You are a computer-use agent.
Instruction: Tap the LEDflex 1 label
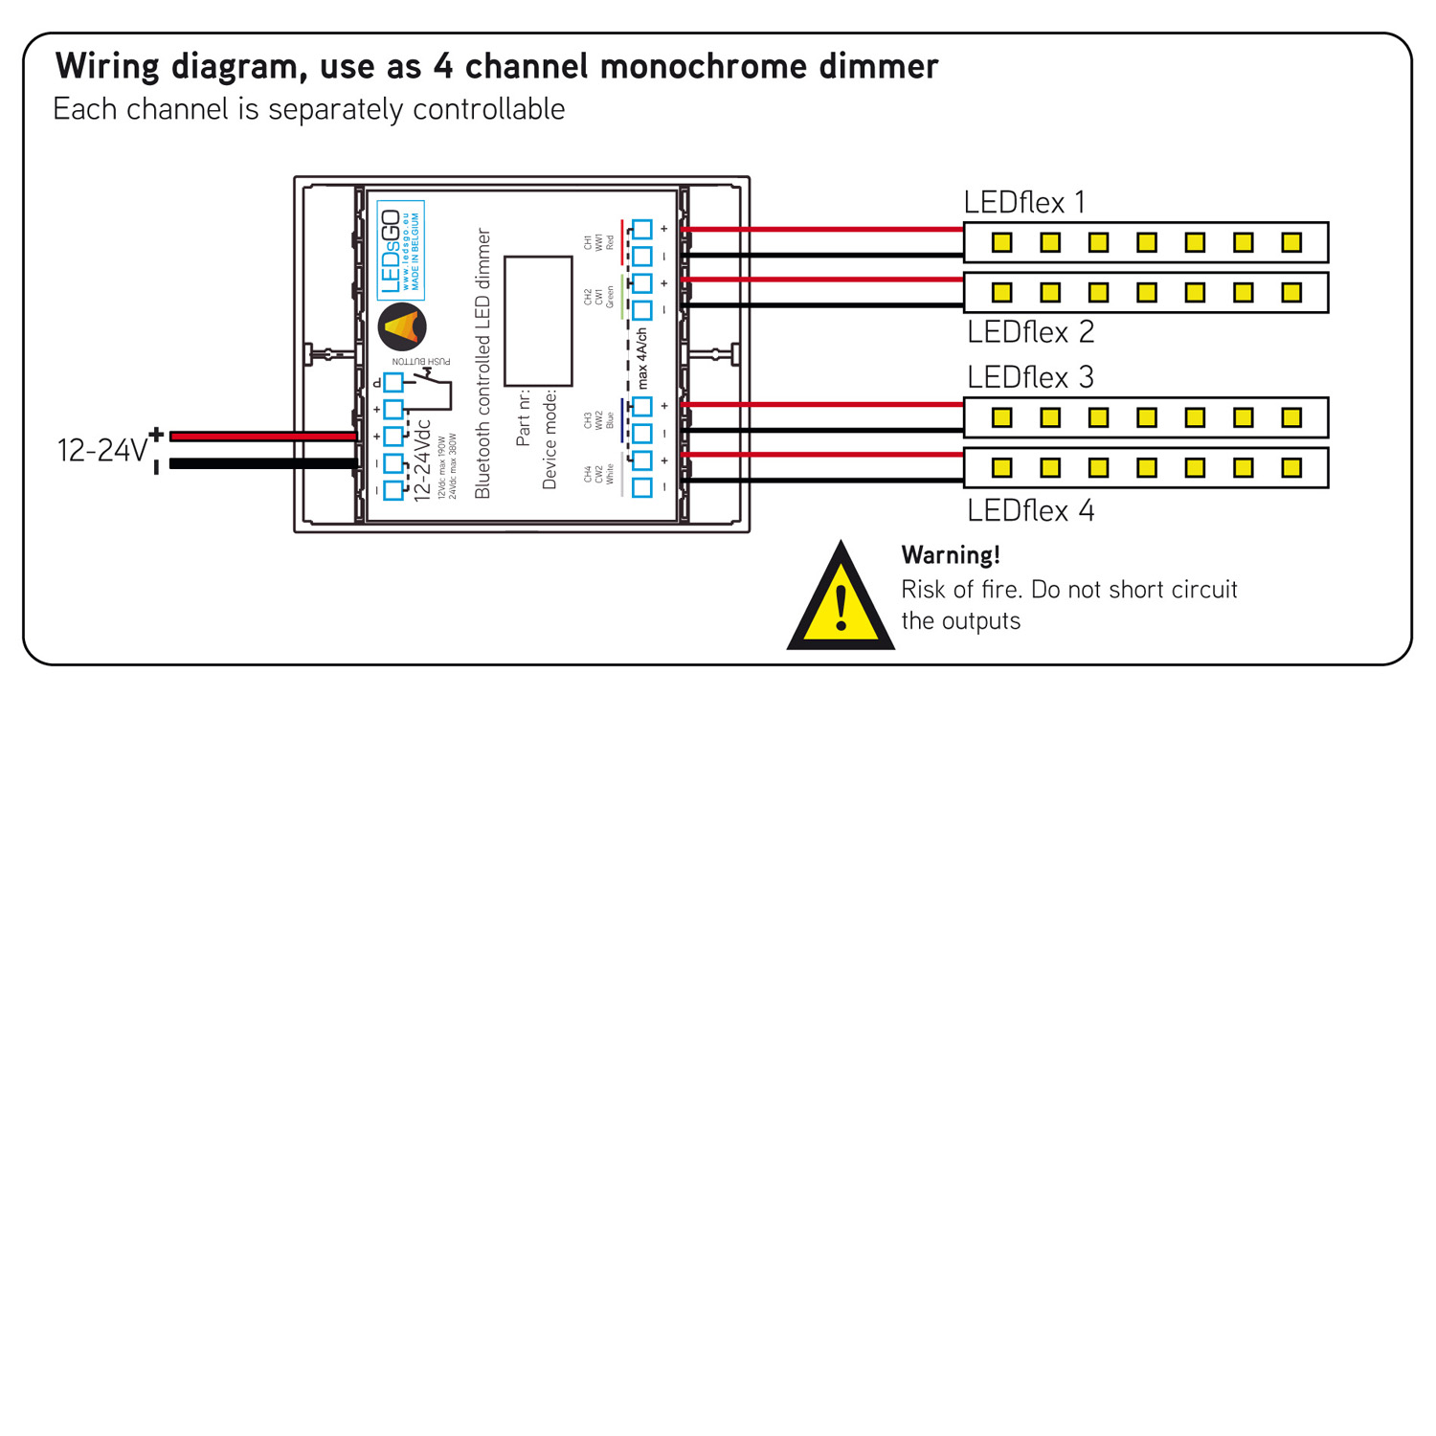click(x=1024, y=203)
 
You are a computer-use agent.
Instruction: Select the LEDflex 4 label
click(x=1030, y=510)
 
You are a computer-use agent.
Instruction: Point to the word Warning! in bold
click(x=951, y=555)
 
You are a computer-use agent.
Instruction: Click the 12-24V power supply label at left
click(x=101, y=450)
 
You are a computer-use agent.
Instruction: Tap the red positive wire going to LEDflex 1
click(x=823, y=230)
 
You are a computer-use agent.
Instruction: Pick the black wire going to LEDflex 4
click(x=823, y=480)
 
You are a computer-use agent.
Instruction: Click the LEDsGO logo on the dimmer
click(x=400, y=251)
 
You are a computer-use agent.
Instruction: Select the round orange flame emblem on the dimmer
click(x=402, y=326)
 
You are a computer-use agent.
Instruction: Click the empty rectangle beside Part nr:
click(x=538, y=321)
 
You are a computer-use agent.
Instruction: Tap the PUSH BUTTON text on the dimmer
click(x=421, y=362)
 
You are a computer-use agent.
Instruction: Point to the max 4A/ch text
click(x=642, y=358)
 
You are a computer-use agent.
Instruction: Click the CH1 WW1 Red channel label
click(x=599, y=242)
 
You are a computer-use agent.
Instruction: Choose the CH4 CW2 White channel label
click(x=599, y=475)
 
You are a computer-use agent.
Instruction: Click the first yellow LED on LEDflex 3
click(x=1001, y=417)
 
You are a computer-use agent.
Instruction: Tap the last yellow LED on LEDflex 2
click(x=1291, y=292)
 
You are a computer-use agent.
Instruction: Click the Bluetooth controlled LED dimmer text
click(x=483, y=364)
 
